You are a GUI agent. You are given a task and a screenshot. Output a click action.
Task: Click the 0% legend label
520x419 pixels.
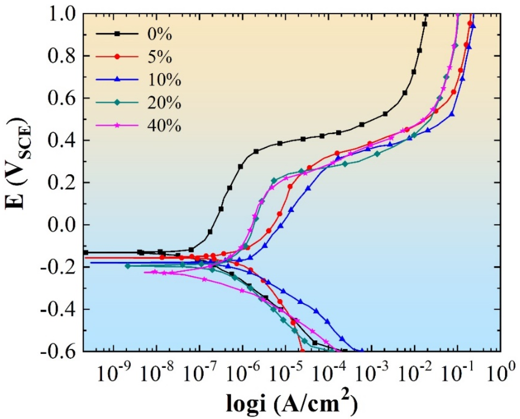click(x=159, y=34)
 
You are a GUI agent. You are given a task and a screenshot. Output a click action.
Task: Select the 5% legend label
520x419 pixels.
click(x=159, y=57)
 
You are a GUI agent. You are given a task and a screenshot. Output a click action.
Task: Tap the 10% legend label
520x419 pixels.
click(x=164, y=80)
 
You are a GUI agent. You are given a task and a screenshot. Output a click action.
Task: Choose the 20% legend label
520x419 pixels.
click(x=164, y=103)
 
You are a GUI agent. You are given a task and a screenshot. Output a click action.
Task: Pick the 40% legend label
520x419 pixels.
click(x=164, y=126)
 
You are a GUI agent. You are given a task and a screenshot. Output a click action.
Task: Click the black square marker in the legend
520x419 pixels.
click(x=117, y=34)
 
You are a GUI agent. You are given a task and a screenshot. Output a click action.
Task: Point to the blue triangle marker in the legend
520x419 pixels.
click(x=117, y=79)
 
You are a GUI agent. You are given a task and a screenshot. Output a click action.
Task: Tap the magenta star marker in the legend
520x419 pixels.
click(x=117, y=125)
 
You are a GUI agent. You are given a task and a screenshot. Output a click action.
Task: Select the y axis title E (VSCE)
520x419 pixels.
click(x=18, y=164)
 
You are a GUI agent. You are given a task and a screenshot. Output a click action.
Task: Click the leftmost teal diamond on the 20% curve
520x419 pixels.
click(x=128, y=266)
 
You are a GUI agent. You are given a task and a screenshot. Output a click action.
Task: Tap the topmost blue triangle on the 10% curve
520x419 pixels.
click(x=473, y=26)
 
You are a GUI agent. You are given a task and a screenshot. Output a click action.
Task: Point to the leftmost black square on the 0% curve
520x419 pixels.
click(x=86, y=252)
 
